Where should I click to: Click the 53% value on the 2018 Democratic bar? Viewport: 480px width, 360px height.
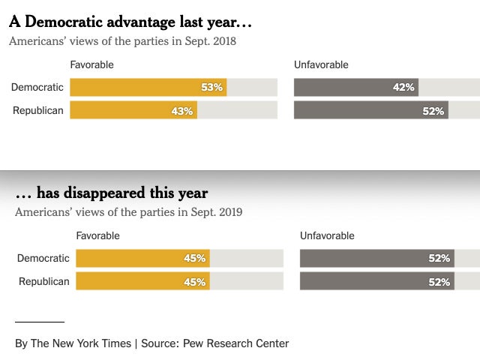[x=212, y=87]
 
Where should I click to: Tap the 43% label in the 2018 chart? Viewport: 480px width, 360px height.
[x=182, y=111]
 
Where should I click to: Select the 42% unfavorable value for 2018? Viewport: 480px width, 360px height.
[x=403, y=87]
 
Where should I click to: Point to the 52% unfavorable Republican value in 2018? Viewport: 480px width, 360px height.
[x=433, y=111]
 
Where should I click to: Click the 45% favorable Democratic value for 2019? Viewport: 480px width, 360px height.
[x=194, y=259]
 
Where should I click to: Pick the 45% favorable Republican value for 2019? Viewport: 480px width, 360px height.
[x=194, y=282]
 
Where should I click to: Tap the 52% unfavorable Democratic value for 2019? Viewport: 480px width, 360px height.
[x=439, y=259]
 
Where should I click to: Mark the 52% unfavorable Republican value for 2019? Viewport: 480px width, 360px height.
[x=439, y=282]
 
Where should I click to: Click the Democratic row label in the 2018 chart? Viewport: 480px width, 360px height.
[x=37, y=87]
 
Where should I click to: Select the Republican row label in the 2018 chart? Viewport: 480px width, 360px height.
[x=37, y=110]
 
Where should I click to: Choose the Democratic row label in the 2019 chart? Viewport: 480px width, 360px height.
[x=43, y=258]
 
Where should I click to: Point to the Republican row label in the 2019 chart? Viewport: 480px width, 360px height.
[x=43, y=281]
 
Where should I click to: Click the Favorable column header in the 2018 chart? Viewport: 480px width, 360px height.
[x=91, y=64]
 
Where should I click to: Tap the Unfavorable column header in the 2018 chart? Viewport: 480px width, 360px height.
[x=321, y=64]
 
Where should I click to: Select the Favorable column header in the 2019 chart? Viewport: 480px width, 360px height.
[x=97, y=235]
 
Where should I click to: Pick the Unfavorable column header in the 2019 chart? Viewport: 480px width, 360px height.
[x=327, y=235]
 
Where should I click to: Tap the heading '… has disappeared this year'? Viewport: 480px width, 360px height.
[x=112, y=193]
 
